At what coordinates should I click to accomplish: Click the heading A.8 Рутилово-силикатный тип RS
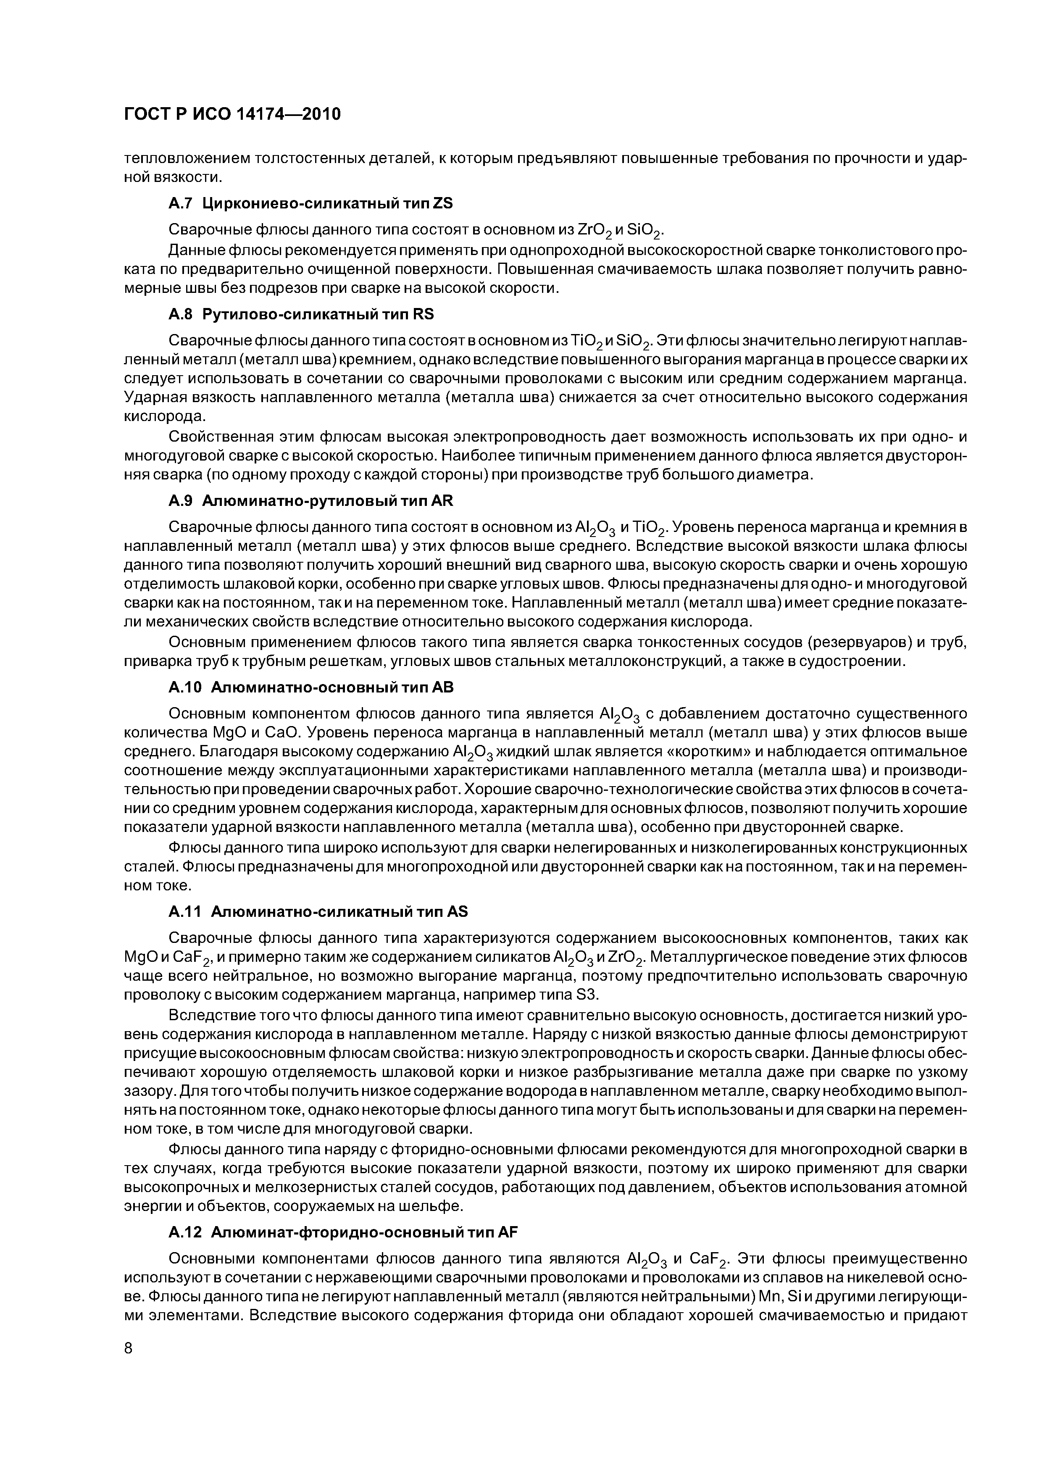coord(301,314)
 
